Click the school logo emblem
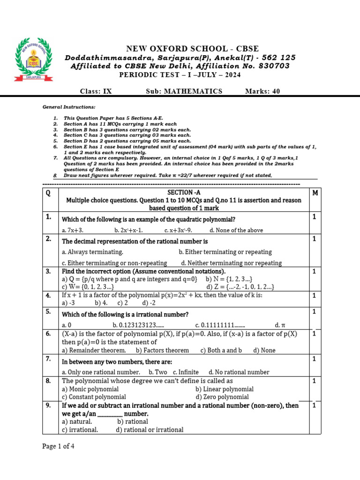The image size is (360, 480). tap(34, 60)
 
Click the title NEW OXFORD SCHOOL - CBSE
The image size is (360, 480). tap(192, 49)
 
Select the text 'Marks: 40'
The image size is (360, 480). tap(262, 91)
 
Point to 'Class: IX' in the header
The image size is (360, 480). tap(96, 91)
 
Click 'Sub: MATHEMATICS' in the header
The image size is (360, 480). tap(184, 91)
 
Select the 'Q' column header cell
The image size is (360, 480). tap(48, 193)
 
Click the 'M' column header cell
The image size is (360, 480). tap(315, 193)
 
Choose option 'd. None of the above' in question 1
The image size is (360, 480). tap(236, 230)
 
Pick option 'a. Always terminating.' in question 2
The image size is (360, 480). tap(92, 252)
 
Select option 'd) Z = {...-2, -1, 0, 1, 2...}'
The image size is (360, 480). tap(240, 286)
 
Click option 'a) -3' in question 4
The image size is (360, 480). tap(68, 303)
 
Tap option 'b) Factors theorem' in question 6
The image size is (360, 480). tap(162, 350)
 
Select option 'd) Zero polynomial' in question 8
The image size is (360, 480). tap(222, 397)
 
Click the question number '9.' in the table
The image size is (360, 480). tap(48, 405)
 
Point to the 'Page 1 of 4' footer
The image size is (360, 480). tap(58, 446)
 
